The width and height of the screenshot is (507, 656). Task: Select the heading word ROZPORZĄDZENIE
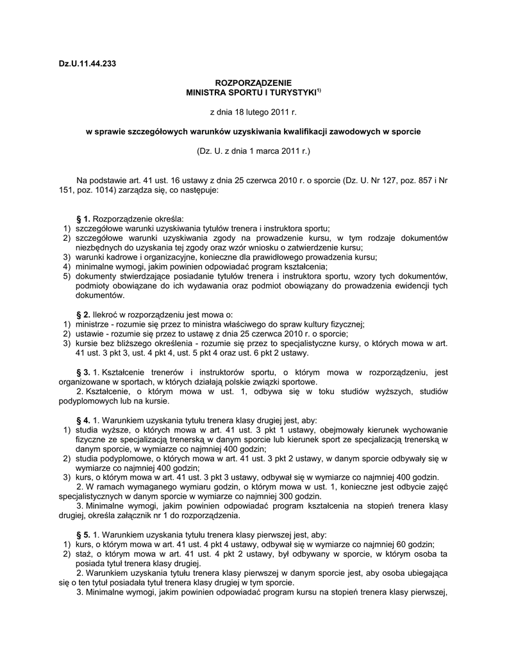pyautogui.click(x=253, y=83)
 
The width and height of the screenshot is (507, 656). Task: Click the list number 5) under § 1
pyautogui.click(x=67, y=276)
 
